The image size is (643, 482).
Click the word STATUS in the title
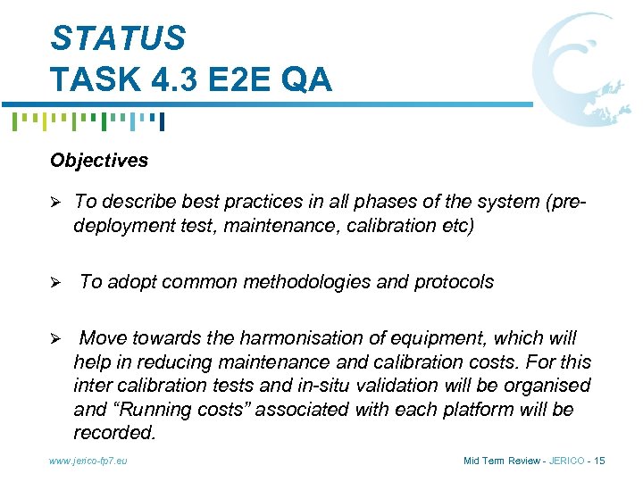[118, 38]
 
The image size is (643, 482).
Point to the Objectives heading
[99, 161]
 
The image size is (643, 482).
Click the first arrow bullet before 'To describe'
[56, 204]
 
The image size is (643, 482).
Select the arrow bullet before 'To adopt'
[56, 283]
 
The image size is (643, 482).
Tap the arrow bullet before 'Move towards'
[56, 339]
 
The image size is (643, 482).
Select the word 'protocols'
[454, 282]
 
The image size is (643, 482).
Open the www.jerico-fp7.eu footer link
[88, 461]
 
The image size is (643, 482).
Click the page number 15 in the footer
[598, 461]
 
